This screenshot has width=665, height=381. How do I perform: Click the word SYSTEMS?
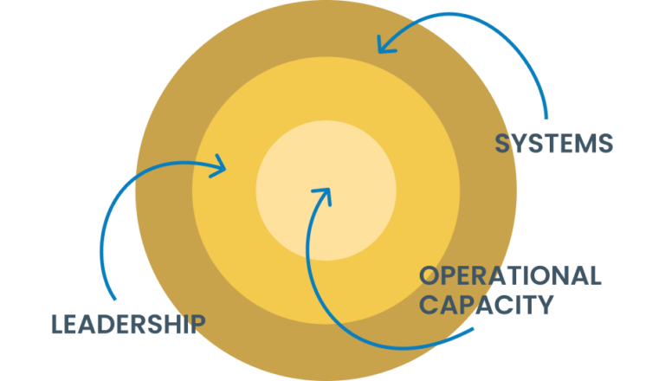553,144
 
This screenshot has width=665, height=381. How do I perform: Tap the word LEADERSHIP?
127,324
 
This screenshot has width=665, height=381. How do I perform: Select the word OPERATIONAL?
510,276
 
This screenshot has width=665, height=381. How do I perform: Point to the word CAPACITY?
486,305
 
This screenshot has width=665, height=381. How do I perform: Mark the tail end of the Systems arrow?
546,117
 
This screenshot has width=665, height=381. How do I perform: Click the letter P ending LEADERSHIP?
198,324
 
